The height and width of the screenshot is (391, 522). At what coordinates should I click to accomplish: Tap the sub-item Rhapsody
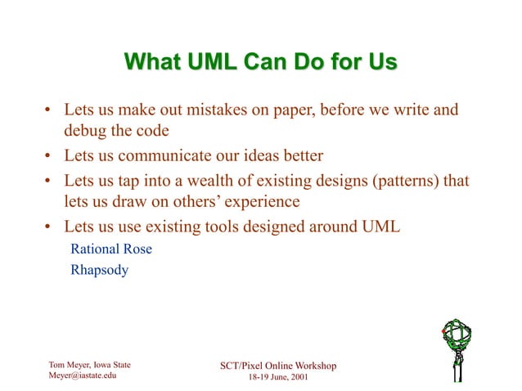[99, 269]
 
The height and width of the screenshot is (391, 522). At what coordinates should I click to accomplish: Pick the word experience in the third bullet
[256, 200]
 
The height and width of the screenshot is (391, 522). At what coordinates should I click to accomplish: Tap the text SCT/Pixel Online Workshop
[278, 365]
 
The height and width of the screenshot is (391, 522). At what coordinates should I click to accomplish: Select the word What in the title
[154, 62]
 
